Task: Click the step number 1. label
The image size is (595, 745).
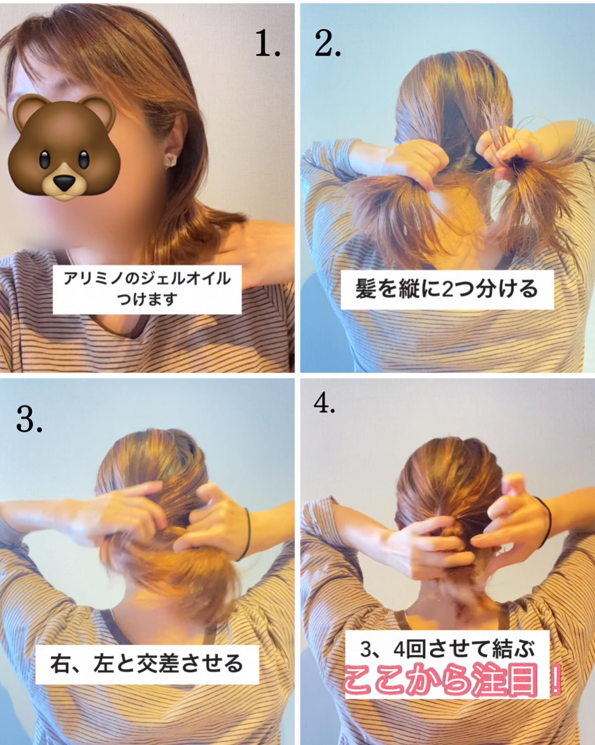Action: pos(268,44)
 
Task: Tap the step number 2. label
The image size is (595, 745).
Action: pos(328,44)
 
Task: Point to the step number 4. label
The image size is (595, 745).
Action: pos(324,403)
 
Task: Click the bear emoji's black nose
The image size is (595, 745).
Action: pos(63,182)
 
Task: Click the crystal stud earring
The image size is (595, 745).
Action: pos(171,160)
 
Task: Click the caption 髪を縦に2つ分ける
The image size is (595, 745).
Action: pos(447,289)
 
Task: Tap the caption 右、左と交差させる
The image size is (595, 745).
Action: pos(147,663)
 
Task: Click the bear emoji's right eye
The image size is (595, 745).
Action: pos(85,158)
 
